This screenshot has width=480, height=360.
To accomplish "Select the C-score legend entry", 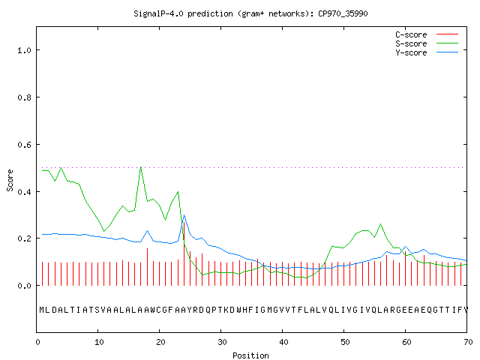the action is pyautogui.click(x=427, y=34).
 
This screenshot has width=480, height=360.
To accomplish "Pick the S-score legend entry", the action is pyautogui.click(x=427, y=43).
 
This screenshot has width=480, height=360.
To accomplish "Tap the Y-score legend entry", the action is pyautogui.click(x=427, y=52).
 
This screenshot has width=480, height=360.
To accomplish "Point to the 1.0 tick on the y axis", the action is pyautogui.click(x=24, y=50).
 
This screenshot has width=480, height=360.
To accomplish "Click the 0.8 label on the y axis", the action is pyautogui.click(x=24, y=97).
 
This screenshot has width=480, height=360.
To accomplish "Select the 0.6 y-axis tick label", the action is pyautogui.click(x=24, y=145).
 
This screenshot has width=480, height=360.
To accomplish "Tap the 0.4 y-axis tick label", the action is pyautogui.click(x=24, y=192).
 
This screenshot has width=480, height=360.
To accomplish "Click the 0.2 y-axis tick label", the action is pyautogui.click(x=24, y=238).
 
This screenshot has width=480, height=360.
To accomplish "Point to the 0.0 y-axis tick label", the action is pyautogui.click(x=24, y=286).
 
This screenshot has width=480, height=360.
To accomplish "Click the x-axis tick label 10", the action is pyautogui.click(x=99, y=342).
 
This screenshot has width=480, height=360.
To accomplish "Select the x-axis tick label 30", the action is pyautogui.click(x=222, y=342).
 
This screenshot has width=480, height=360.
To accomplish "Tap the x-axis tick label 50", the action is pyautogui.click(x=345, y=342).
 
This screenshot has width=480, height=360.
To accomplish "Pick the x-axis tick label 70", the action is pyautogui.click(x=468, y=342).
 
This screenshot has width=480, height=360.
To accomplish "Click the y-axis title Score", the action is pyautogui.click(x=10, y=181).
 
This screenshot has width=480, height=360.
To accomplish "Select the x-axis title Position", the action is pyautogui.click(x=250, y=355).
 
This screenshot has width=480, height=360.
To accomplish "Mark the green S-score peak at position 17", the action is pyautogui.click(x=141, y=167).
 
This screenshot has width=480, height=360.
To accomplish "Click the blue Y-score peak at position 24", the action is pyautogui.click(x=184, y=215).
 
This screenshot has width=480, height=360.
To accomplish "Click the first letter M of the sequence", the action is pyautogui.click(x=42, y=310).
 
